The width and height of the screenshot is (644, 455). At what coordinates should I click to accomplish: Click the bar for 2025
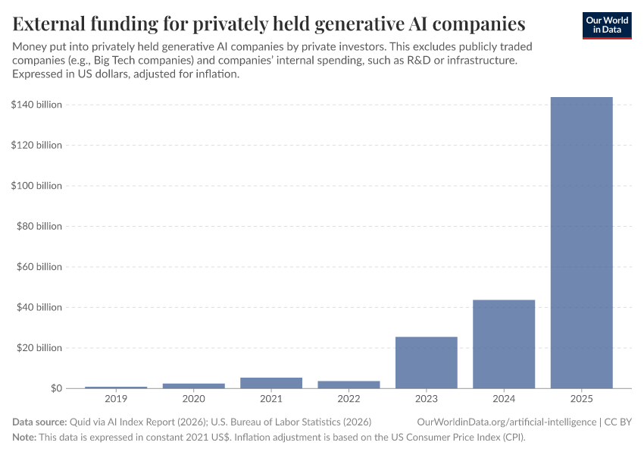tap(581, 243)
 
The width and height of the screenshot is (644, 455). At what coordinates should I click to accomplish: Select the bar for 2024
tap(504, 344)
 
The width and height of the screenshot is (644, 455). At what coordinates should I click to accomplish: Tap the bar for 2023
tap(427, 362)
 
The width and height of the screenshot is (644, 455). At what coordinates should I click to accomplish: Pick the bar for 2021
tap(271, 383)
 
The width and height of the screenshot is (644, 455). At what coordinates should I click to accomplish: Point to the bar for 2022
tap(349, 384)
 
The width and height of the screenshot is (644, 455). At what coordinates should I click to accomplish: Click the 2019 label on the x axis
tap(116, 399)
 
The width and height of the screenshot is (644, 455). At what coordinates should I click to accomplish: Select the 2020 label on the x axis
tap(193, 399)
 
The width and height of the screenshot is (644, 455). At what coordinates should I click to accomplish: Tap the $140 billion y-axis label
tap(36, 105)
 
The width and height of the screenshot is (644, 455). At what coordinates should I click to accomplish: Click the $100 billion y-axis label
tap(36, 186)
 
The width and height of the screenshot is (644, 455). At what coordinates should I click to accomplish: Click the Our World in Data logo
tap(606, 25)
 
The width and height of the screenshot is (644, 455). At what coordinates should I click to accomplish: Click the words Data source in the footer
tap(39, 422)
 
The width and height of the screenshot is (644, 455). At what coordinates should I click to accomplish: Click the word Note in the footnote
tap(24, 438)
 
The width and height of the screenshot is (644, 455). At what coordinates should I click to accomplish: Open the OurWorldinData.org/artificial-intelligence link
tap(506, 422)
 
